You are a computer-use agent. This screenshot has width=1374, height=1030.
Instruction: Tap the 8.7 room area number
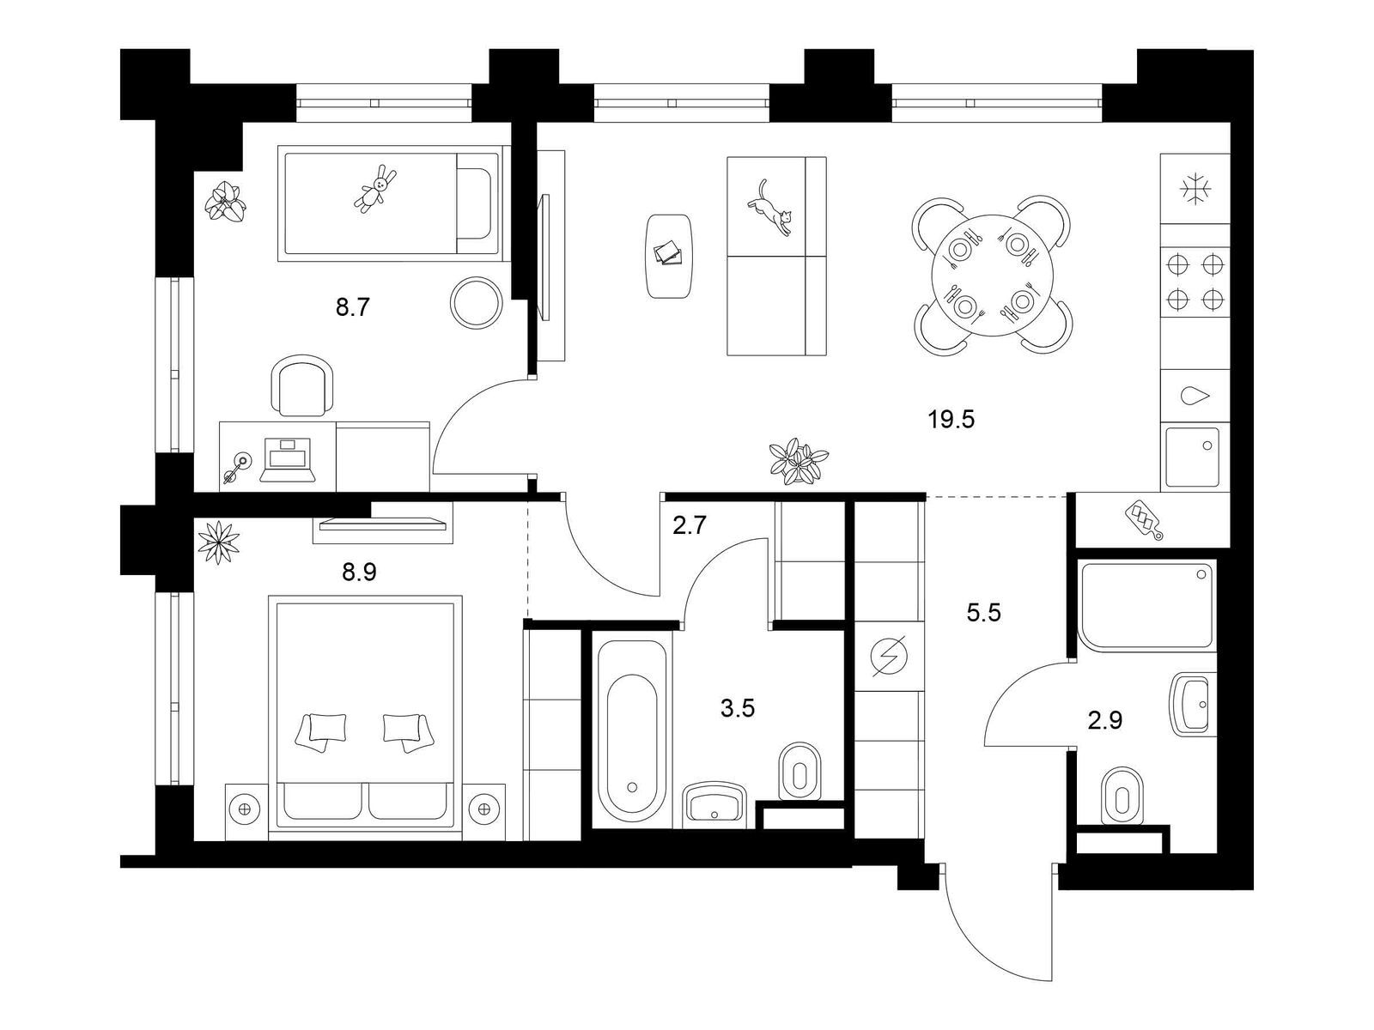point(353,307)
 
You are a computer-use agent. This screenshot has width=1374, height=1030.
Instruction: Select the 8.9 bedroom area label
point(359,572)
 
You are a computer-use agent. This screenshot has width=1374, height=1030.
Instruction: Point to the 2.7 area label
point(690,525)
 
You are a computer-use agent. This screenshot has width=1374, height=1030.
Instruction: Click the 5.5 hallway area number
point(984,613)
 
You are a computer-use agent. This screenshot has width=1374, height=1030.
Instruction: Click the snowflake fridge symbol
point(1195,189)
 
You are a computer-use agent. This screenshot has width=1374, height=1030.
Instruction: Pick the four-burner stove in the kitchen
point(1195,282)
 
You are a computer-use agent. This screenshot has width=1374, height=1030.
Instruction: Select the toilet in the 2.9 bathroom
point(1123,796)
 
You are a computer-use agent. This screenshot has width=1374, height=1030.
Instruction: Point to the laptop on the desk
point(287,460)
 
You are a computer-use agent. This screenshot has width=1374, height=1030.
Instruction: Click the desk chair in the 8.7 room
point(301,385)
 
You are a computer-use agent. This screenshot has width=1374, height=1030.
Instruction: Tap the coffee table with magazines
point(669,257)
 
